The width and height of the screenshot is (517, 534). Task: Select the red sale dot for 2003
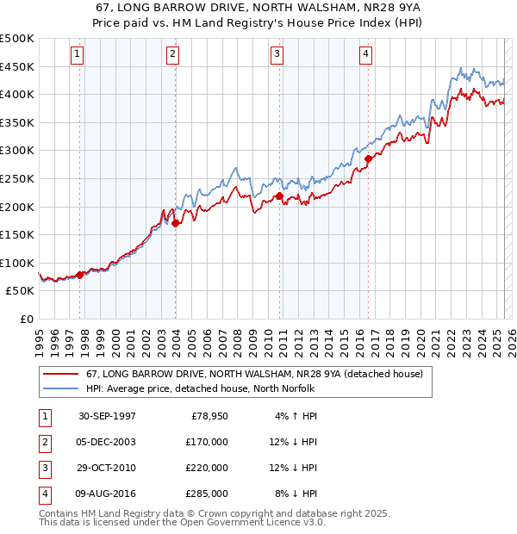[x=176, y=223]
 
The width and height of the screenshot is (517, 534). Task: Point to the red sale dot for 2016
[x=368, y=158]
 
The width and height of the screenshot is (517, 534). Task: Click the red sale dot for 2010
[x=280, y=196]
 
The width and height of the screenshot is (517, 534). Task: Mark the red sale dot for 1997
[x=80, y=275]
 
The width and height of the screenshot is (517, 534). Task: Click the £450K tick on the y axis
[x=17, y=66]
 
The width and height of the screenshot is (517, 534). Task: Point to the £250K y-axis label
[x=17, y=178]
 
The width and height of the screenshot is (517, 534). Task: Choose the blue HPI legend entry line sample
[x=59, y=388]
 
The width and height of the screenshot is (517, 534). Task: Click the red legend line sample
[x=59, y=375]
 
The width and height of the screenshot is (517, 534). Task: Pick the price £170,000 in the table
[x=208, y=442]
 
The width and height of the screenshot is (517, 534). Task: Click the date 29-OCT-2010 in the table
[x=108, y=468]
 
